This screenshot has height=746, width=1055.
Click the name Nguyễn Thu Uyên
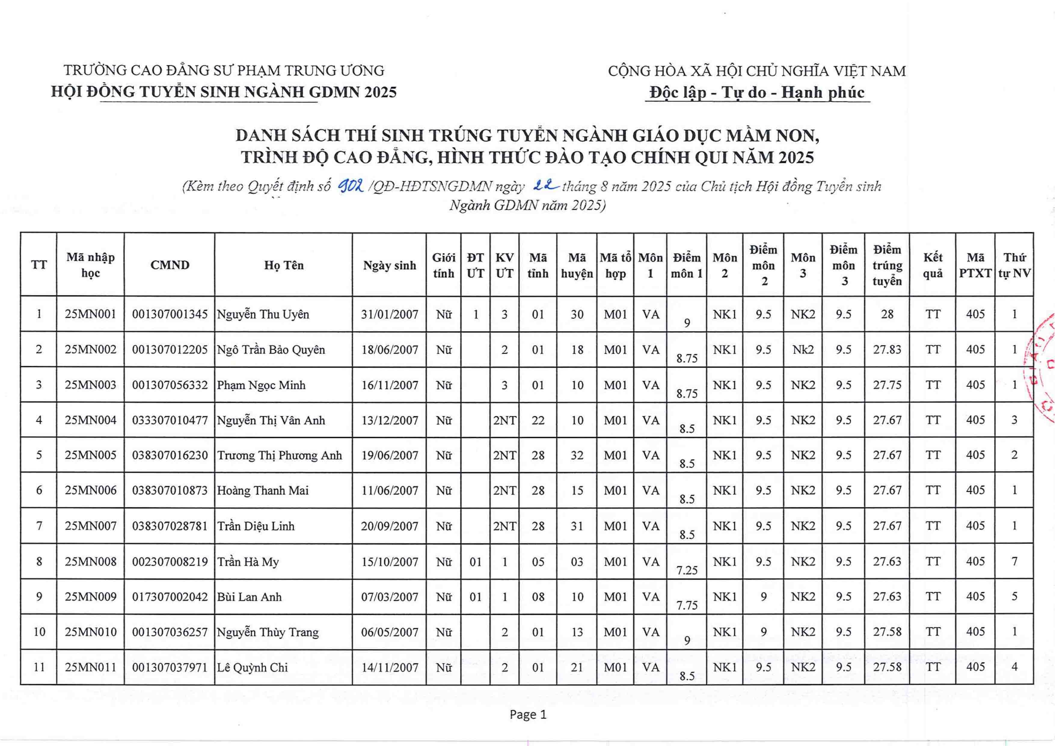click(263, 315)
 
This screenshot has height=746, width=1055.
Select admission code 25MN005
click(90, 455)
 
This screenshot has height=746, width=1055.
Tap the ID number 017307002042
click(170, 597)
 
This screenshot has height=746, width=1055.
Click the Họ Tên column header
click(284, 265)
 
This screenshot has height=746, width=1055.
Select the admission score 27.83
click(887, 350)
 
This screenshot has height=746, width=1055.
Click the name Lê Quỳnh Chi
click(252, 668)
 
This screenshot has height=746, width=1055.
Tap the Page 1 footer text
click(528, 715)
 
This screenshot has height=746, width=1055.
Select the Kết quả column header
click(932, 265)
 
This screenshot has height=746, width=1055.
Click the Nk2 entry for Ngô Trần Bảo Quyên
click(803, 350)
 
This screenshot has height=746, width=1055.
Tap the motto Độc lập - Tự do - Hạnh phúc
click(757, 92)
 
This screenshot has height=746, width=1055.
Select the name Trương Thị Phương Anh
click(279, 455)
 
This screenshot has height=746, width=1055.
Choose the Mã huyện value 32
click(577, 455)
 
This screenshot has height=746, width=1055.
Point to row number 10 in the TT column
click(39, 632)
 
